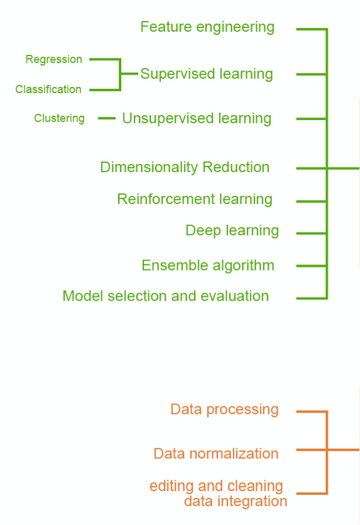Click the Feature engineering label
click(x=207, y=27)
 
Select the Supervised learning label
click(x=206, y=75)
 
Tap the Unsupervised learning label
click(x=196, y=119)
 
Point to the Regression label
click(x=54, y=60)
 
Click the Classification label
click(x=48, y=89)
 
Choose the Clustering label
click(x=59, y=118)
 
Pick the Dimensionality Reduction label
click(x=184, y=168)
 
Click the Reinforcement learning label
click(x=195, y=199)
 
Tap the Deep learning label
click(x=232, y=231)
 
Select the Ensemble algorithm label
click(x=208, y=265)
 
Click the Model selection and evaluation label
click(x=165, y=296)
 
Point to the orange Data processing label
click(x=224, y=409)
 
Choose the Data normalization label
click(x=216, y=453)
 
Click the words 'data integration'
click(x=235, y=501)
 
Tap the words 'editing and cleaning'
click(x=216, y=486)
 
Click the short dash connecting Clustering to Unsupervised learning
click(x=106, y=118)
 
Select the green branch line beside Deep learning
click(x=310, y=233)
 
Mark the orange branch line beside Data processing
click(x=310, y=412)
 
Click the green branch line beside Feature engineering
click(x=310, y=29)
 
